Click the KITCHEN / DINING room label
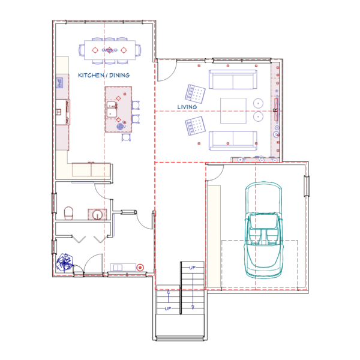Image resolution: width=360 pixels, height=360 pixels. [x=104, y=76]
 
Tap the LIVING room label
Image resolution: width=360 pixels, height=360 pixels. [x=187, y=107]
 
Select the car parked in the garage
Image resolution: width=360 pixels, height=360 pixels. [x=263, y=230]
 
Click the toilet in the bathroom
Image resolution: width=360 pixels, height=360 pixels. [x=68, y=213]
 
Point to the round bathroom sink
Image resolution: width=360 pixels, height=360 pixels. [x=97, y=215]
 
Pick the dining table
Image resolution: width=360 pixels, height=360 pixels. [x=110, y=50]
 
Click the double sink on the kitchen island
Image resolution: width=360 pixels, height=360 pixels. [x=112, y=109]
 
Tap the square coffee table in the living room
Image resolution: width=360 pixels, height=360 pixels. [x=233, y=110]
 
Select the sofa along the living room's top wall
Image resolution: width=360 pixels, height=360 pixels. [x=233, y=79]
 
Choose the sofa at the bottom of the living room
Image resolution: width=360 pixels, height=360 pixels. [x=233, y=140]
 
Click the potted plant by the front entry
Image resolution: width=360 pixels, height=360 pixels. [x=65, y=262]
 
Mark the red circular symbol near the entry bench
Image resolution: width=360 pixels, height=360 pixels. [x=140, y=268]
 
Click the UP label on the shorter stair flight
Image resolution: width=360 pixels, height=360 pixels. [x=168, y=308]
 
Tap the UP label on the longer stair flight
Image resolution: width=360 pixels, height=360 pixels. [x=193, y=268]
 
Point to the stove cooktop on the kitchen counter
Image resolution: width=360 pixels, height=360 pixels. [x=59, y=83]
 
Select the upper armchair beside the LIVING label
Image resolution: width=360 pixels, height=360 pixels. [x=195, y=94]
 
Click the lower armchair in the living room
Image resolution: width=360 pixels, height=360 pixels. [x=195, y=126]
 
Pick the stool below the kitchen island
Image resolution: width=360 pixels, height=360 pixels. [x=126, y=137]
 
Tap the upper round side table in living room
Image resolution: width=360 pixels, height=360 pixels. [x=258, y=104]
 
